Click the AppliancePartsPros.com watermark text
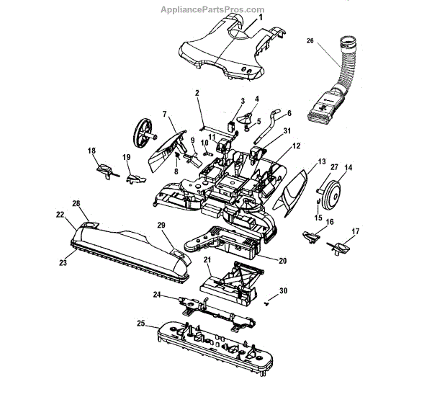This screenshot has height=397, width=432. [x=215, y=9]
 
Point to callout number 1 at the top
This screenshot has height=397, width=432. [x=261, y=17]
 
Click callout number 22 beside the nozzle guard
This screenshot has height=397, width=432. [x=60, y=214]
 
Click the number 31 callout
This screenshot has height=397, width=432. [x=287, y=130]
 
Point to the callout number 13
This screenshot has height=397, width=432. [x=322, y=161]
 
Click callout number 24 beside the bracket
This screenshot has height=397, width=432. [x=157, y=294]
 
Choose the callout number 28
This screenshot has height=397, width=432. [x=77, y=204]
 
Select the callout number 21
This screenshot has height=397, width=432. [x=207, y=259]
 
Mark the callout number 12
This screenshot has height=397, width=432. [x=295, y=146]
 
